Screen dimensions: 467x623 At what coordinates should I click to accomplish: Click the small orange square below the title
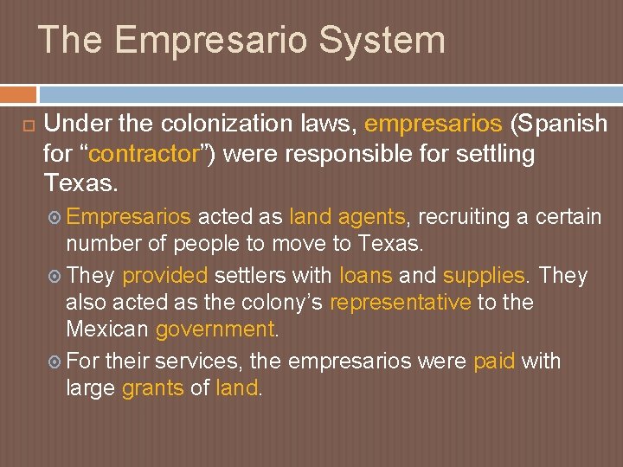[18, 94]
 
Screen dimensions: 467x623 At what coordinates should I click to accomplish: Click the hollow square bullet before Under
[27, 126]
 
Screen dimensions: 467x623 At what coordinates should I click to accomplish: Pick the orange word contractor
[144, 155]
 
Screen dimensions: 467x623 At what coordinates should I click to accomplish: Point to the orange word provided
[165, 276]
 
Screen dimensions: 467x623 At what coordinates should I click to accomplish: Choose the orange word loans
[365, 276]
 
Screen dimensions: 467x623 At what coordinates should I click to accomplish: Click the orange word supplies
[484, 276]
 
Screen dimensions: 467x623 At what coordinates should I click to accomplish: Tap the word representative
[401, 303]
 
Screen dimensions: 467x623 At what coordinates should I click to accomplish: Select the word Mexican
[107, 329]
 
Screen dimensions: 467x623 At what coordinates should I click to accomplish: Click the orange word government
[215, 329]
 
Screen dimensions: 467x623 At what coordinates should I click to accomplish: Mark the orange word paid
[494, 361]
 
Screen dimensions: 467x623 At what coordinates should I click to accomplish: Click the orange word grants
[152, 388]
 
